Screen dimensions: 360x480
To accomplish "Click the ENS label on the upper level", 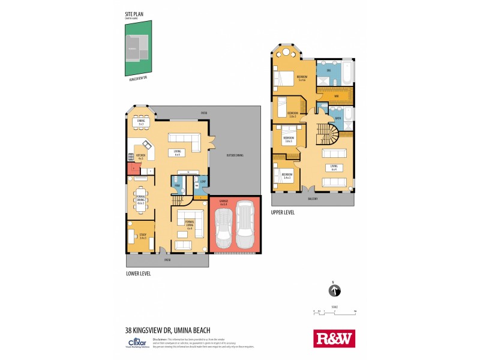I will tap(328, 71).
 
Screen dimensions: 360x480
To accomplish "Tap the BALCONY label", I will tap(313, 199).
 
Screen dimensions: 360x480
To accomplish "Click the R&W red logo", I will tap(334, 338).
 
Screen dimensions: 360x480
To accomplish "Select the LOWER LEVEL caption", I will tap(138, 274).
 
